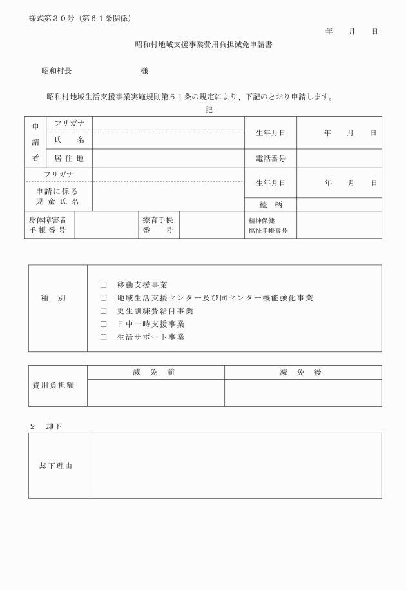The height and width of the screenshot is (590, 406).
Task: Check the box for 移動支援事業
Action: pos(103,284)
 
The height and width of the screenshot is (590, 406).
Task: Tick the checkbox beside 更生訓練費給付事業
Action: pos(103,311)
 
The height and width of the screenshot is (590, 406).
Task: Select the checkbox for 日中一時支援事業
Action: pos(103,324)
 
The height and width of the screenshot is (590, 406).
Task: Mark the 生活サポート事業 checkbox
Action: pos(103,337)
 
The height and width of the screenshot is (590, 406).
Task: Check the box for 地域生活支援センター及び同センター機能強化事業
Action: pos(103,298)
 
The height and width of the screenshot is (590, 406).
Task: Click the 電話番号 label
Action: pos(270,158)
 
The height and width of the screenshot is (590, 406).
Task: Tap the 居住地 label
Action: pos(69,158)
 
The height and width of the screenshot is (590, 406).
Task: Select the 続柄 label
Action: pos(270,205)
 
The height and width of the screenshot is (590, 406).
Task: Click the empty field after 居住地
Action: pos(168,158)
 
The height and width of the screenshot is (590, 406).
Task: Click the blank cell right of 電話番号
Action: pos(338,158)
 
